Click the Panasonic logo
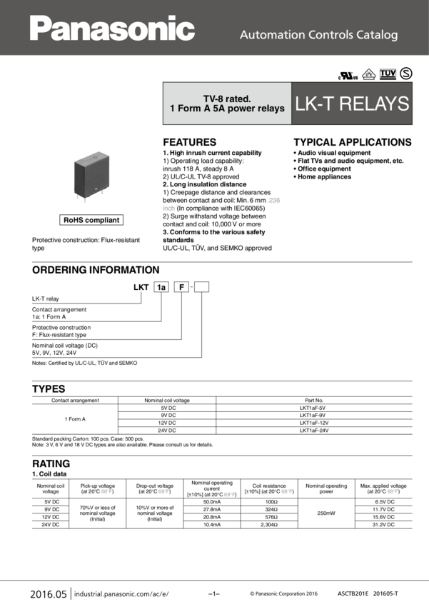point(112,29)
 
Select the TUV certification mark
point(388,74)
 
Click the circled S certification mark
point(406,74)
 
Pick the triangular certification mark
point(368,74)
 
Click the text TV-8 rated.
point(227,98)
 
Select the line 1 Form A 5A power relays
point(227,109)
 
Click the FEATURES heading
point(189,142)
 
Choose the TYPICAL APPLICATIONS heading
point(353,142)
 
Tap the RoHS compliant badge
point(91,220)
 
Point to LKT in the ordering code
point(141,287)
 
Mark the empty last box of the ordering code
point(201,287)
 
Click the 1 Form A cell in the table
point(74,418)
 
